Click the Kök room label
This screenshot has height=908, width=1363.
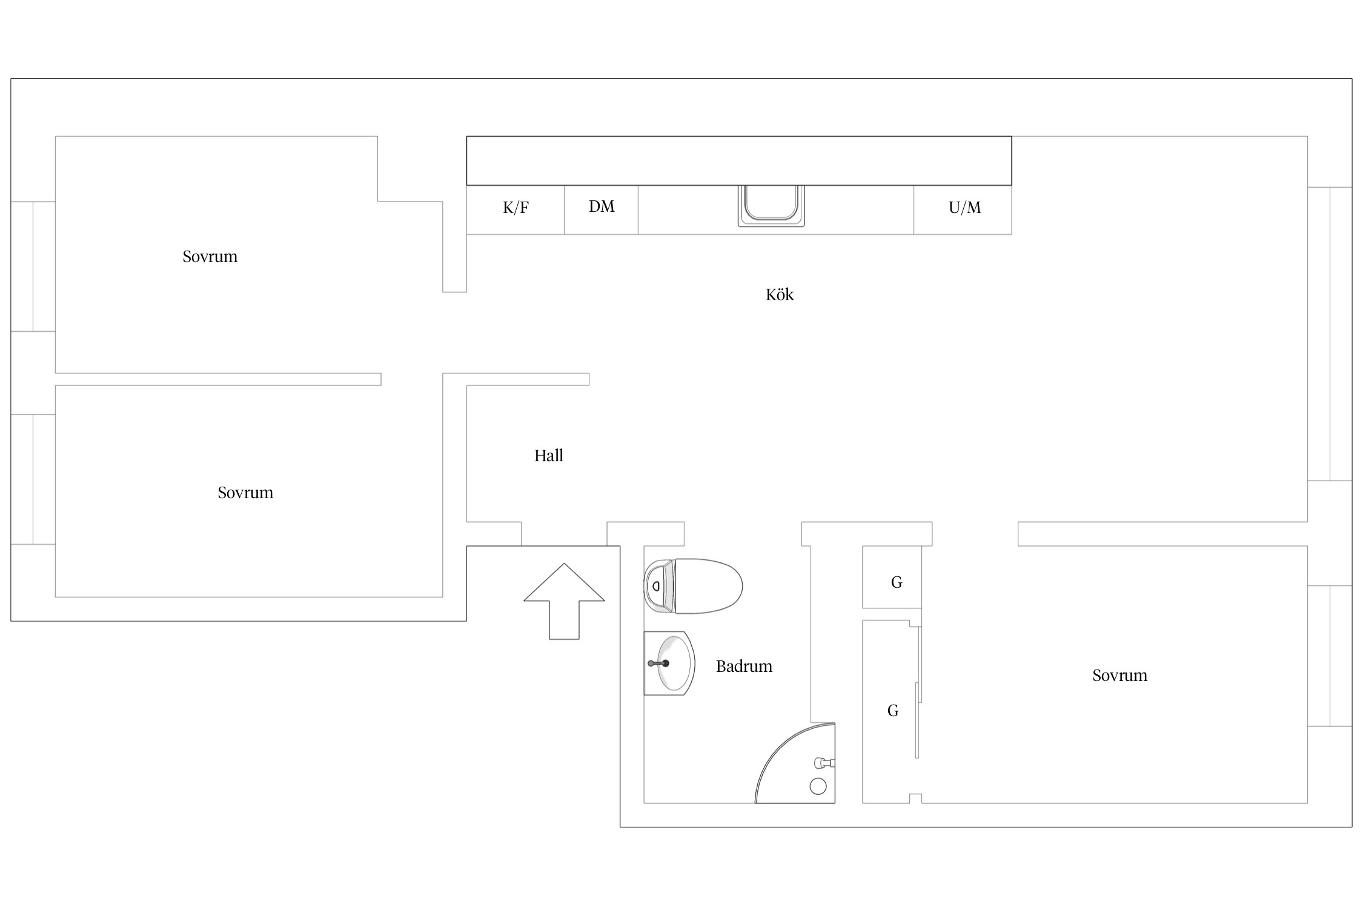[779, 295]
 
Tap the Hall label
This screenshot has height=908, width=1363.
[548, 455]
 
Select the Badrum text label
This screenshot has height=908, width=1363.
[744, 666]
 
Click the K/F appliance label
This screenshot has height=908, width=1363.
[516, 208]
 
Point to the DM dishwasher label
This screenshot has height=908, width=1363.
[602, 206]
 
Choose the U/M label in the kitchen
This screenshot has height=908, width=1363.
[964, 208]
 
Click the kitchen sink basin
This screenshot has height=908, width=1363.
[771, 205]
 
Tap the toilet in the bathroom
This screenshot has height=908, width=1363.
[693, 586]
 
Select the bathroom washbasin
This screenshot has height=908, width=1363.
[669, 663]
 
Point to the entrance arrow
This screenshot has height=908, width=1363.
[564, 601]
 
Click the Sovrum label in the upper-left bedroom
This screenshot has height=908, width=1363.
[210, 257]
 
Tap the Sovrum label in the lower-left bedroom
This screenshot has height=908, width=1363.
[245, 493]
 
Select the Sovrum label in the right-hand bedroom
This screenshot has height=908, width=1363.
[1119, 676]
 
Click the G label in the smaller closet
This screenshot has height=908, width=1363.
[897, 582]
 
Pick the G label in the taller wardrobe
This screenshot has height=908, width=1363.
[893, 711]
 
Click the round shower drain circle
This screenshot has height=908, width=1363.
[818, 786]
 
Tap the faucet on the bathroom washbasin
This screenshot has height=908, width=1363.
[658, 663]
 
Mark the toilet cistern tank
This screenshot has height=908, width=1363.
[659, 586]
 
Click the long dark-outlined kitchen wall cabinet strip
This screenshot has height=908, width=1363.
[738, 160]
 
